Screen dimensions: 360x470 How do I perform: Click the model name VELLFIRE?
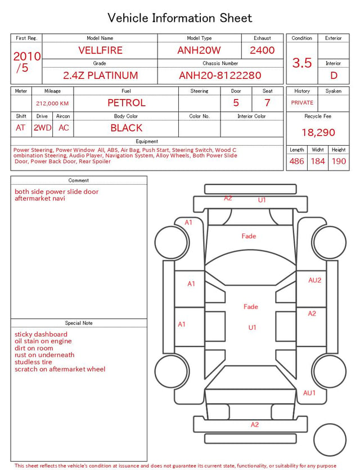(100, 50)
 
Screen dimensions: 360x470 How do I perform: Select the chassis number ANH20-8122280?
(220, 75)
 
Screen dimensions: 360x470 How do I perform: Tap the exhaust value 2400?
(262, 50)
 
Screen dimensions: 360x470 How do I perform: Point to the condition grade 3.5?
(302, 63)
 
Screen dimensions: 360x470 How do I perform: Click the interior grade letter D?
(334, 75)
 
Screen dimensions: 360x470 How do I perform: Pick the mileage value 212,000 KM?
(52, 104)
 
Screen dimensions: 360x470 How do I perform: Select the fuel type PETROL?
(127, 103)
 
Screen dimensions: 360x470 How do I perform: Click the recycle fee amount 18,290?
(318, 132)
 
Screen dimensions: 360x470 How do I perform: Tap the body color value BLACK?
(127, 128)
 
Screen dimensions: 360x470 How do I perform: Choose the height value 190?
(339, 161)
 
